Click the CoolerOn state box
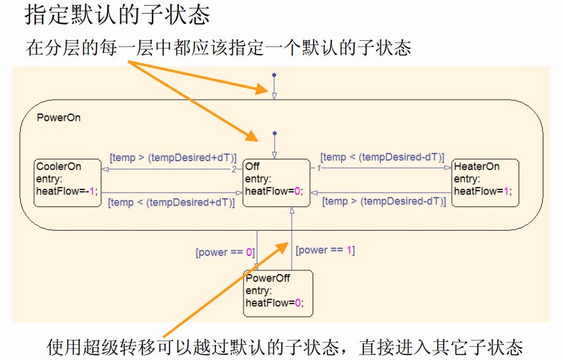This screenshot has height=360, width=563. (x=68, y=183)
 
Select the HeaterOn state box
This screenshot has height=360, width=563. (x=486, y=183)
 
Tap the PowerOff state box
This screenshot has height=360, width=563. (x=277, y=294)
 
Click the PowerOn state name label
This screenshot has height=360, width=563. (x=58, y=117)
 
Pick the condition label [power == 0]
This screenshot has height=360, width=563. (x=225, y=252)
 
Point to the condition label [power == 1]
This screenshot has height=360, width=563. (x=325, y=250)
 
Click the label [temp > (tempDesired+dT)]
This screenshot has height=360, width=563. (x=173, y=157)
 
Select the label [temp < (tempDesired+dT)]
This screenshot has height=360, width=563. (x=171, y=202)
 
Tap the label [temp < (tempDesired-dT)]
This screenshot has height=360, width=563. (x=382, y=157)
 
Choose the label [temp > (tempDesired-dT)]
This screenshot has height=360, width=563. (x=383, y=201)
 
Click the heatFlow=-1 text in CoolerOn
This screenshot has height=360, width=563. (x=67, y=191)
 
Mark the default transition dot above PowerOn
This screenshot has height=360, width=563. (x=273, y=75)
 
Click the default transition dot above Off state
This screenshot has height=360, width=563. (x=274, y=133)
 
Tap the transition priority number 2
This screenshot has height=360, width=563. (x=234, y=169)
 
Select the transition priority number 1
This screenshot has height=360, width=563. (x=319, y=169)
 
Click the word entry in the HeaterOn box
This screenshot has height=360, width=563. (x=468, y=179)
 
